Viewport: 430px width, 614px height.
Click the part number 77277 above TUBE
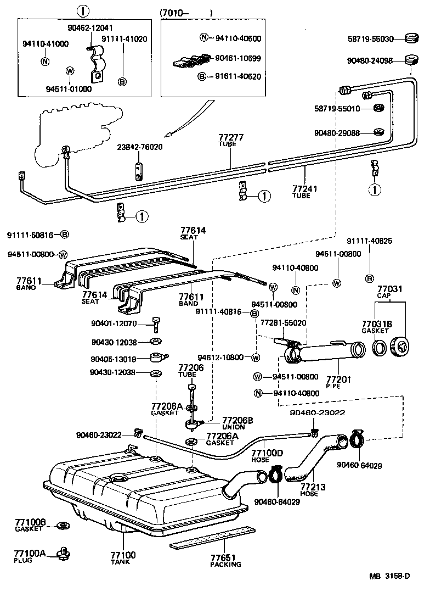(x=231, y=138)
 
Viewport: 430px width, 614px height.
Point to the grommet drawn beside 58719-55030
(x=410, y=38)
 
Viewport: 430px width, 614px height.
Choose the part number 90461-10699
(x=237, y=58)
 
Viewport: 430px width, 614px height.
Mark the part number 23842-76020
(x=139, y=147)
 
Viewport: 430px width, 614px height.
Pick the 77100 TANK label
(x=123, y=558)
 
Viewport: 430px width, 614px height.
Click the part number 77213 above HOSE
(x=309, y=487)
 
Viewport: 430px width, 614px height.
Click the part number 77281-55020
(x=283, y=323)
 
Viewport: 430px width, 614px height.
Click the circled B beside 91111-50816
(x=64, y=235)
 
